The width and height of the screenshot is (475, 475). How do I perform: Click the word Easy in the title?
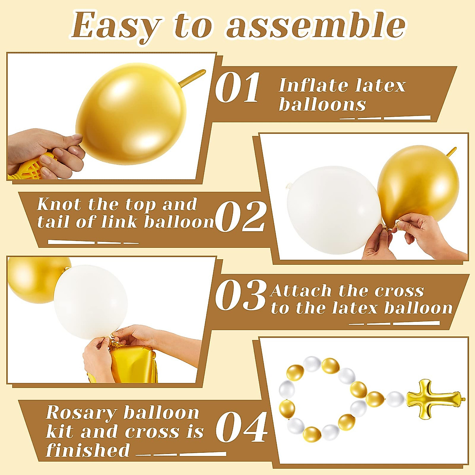(115, 26)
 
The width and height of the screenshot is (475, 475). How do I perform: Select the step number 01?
(237, 87)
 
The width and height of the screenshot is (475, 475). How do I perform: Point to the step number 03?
(241, 296)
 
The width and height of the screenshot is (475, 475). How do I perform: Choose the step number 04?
(241, 427)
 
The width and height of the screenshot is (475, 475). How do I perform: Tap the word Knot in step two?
(59, 205)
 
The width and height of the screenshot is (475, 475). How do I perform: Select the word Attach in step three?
(301, 291)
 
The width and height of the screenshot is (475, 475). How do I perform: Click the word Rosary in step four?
(81, 413)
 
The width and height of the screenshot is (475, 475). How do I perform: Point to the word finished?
(88, 450)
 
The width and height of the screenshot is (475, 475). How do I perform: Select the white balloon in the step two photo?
(332, 210)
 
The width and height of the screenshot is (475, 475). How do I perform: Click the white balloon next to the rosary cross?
(395, 398)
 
